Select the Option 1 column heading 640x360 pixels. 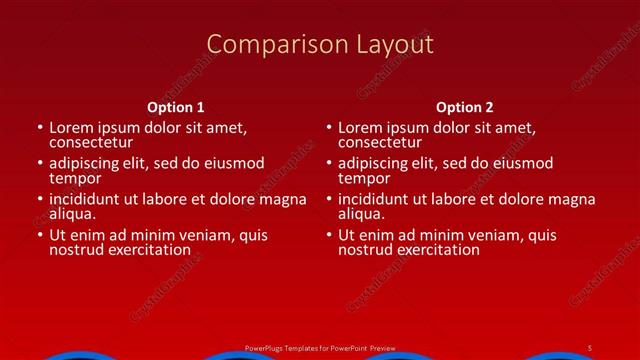pyautogui.click(x=176, y=107)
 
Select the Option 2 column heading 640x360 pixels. pyautogui.click(x=465, y=107)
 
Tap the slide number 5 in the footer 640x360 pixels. pyautogui.click(x=591, y=347)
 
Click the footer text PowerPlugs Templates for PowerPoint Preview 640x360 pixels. pyautogui.click(x=320, y=347)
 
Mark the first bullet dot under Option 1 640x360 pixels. pyautogui.click(x=40, y=128)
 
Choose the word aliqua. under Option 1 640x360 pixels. pyautogui.click(x=72, y=214)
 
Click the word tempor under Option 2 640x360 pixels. pyautogui.click(x=361, y=178)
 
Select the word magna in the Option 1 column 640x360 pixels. pyautogui.click(x=285, y=199)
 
